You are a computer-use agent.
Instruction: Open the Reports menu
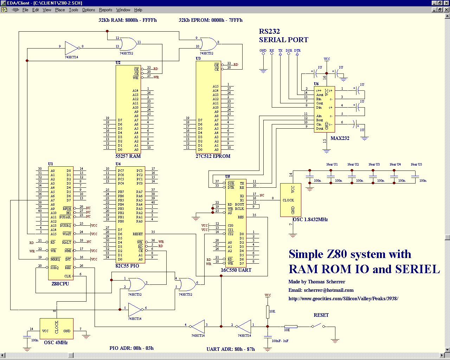click(x=105, y=10)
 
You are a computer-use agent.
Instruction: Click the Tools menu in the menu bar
click(x=73, y=10)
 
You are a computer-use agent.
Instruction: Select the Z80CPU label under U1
click(x=60, y=284)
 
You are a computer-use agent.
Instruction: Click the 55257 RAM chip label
click(x=128, y=156)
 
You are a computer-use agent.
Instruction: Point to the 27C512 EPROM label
click(x=213, y=156)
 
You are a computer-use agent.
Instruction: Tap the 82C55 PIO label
click(x=127, y=266)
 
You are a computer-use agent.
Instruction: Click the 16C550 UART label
click(x=236, y=270)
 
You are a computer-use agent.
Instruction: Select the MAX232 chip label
click(x=340, y=138)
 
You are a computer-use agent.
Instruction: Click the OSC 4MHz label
click(x=56, y=342)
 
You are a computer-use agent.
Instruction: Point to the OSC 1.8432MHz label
click(x=310, y=219)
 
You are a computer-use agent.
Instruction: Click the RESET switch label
click(x=321, y=315)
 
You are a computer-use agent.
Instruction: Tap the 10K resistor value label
click(x=272, y=311)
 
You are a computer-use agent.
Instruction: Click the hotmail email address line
click(x=321, y=290)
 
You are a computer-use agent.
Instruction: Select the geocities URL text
click(x=343, y=298)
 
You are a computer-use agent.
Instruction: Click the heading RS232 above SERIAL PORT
click(x=269, y=32)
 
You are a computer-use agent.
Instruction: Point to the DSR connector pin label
click(x=289, y=51)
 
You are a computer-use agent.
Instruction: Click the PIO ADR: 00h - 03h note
click(x=131, y=348)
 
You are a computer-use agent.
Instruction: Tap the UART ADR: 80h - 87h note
click(x=231, y=349)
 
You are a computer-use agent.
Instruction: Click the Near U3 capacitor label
click(x=374, y=164)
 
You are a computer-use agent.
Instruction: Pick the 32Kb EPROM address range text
click(x=211, y=20)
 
